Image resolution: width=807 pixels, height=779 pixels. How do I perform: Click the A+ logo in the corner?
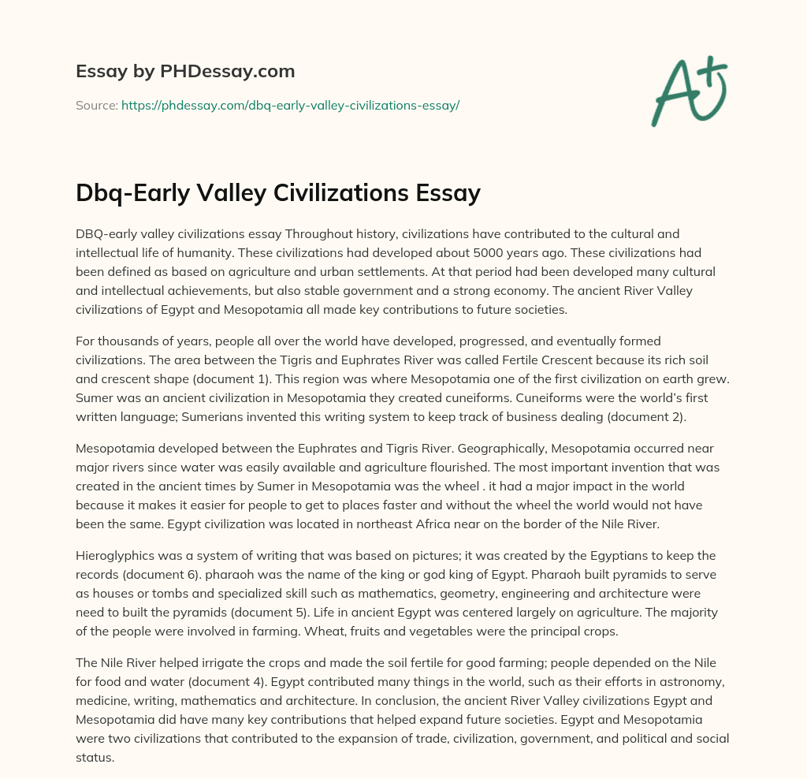click(x=689, y=91)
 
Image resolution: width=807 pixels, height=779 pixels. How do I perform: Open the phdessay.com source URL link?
click(x=290, y=105)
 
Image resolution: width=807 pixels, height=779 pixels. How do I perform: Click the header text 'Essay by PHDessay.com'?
click(x=185, y=71)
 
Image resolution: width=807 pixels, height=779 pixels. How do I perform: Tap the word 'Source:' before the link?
click(x=97, y=105)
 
